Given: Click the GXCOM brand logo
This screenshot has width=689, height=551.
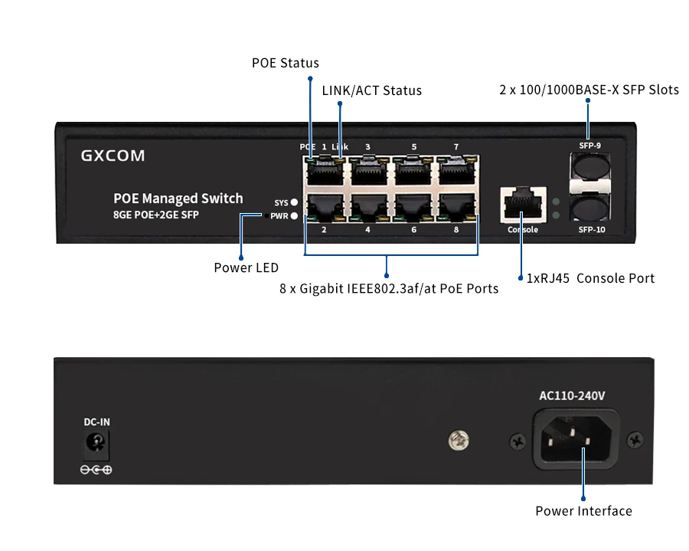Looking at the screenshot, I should point(113,156).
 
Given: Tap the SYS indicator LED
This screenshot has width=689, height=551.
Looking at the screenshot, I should point(294,203).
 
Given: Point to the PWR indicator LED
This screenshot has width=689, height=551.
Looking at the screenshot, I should point(294,216).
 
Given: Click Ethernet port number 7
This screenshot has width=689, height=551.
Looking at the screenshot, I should point(456,171).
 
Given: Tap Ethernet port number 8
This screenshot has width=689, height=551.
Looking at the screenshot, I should point(456,208).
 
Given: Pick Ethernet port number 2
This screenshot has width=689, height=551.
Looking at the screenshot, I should point(324,208).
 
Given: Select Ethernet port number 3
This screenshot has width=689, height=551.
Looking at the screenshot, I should point(367,171).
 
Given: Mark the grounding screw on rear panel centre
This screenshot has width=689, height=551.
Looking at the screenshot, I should point(459,440).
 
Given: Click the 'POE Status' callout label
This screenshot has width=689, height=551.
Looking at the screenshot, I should point(285,63).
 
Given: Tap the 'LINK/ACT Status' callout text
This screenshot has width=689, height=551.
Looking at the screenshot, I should point(371,90).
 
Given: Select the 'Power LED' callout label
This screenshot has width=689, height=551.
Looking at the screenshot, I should point(246,268).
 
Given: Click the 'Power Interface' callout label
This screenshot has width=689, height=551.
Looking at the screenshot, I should point(583,511).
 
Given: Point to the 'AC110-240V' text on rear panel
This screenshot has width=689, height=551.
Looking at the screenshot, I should point(573,396).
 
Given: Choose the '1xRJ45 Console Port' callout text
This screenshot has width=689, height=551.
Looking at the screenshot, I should point(590,278).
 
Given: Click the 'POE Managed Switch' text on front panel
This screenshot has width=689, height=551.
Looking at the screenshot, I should point(178,198).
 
